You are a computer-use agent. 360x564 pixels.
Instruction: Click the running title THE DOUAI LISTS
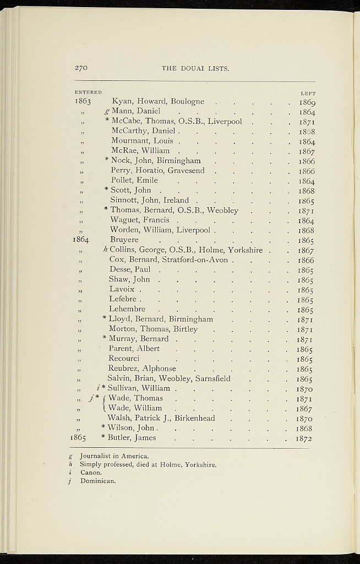(x=195, y=68)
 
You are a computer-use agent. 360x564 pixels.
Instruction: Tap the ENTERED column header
(x=88, y=92)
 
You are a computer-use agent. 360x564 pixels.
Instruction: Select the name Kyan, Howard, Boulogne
(x=158, y=101)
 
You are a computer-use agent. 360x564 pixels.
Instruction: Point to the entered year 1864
(x=81, y=240)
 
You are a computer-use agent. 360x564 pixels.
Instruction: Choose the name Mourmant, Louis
(x=142, y=141)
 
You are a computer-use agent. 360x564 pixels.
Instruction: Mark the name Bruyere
(x=124, y=240)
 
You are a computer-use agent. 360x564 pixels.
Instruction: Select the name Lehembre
(x=127, y=309)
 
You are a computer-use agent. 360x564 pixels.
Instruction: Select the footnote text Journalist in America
(x=114, y=456)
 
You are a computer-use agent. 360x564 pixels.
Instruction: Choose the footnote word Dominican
(x=98, y=481)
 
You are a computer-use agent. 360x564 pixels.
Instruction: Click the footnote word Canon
(x=91, y=473)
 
